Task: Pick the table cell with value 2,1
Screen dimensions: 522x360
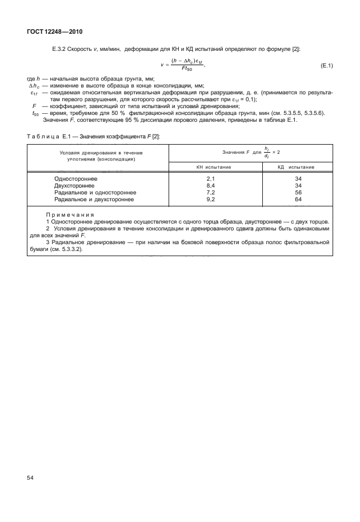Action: pyautogui.click(x=210, y=179)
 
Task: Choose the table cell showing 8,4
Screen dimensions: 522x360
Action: pyautogui.click(x=210, y=186)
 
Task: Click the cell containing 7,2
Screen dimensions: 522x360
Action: pyautogui.click(x=210, y=193)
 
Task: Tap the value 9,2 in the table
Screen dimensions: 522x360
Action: pyautogui.click(x=210, y=200)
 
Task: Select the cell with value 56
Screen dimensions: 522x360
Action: pyautogui.click(x=298, y=193)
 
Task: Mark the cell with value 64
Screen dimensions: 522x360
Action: pyautogui.click(x=298, y=200)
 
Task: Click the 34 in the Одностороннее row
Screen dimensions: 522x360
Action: pyautogui.click(x=298, y=179)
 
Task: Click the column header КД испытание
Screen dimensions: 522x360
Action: pyautogui.click(x=298, y=166)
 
